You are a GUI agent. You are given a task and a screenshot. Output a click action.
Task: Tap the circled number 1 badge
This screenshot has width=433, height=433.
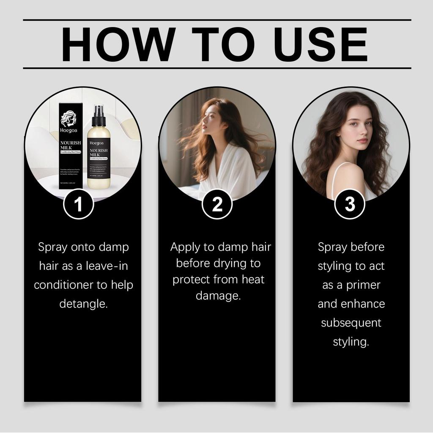[x=78, y=204]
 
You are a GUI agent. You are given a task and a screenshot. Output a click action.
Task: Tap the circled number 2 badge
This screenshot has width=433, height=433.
[x=217, y=204]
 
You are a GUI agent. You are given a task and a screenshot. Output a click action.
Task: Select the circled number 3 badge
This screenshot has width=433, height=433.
[x=350, y=204]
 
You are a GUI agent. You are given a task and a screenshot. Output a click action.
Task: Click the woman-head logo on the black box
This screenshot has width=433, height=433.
[x=68, y=119]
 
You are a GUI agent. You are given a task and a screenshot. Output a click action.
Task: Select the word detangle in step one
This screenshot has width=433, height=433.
[x=83, y=304]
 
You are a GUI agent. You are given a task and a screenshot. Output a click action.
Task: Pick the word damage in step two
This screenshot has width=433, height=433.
[x=218, y=296]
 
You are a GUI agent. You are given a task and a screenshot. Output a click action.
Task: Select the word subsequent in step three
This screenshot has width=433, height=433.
[x=351, y=323]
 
